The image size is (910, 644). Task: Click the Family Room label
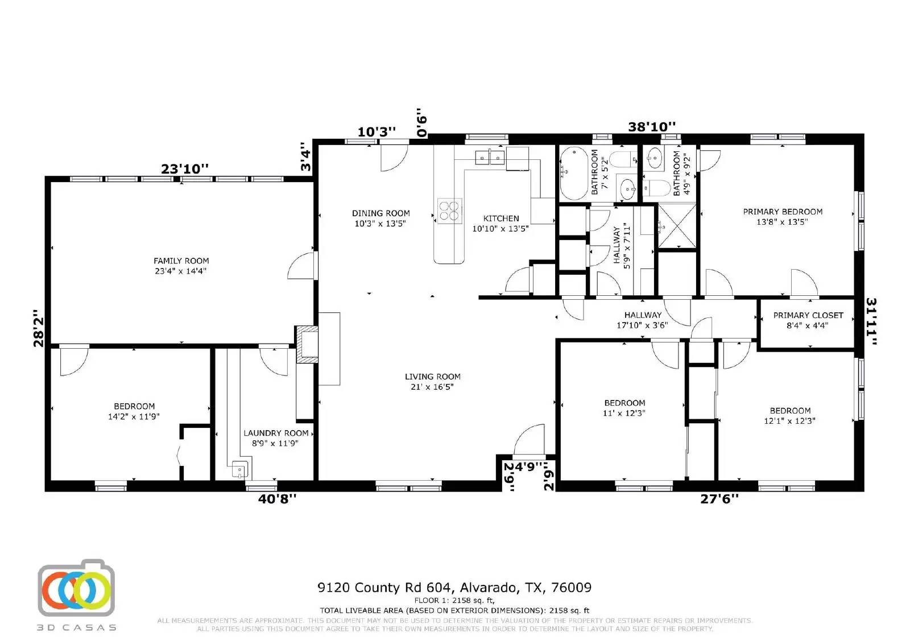click(x=181, y=266)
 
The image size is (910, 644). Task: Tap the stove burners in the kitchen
click(x=449, y=210)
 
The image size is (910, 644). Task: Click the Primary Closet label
click(x=808, y=320)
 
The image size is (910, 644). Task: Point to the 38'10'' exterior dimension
click(x=652, y=127)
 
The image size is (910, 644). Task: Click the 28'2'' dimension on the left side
click(x=38, y=328)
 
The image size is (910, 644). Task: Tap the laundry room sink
click(x=240, y=470)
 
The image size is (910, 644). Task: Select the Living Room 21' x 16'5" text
click(x=432, y=382)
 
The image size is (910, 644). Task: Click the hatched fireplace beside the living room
click(x=307, y=344)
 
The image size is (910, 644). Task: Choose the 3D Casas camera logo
click(x=76, y=588)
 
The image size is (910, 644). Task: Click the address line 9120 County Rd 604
click(x=454, y=587)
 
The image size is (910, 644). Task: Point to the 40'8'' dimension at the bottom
click(x=277, y=499)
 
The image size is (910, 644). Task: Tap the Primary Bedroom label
click(x=783, y=217)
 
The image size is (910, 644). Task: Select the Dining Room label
click(x=380, y=218)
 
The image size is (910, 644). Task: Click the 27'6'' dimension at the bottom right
click(x=719, y=499)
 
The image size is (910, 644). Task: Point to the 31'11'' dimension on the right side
click(x=871, y=321)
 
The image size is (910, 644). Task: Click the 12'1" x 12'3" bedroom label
click(x=790, y=416)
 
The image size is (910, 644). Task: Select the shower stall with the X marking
click(x=677, y=226)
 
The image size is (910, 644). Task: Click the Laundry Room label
click(x=276, y=438)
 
